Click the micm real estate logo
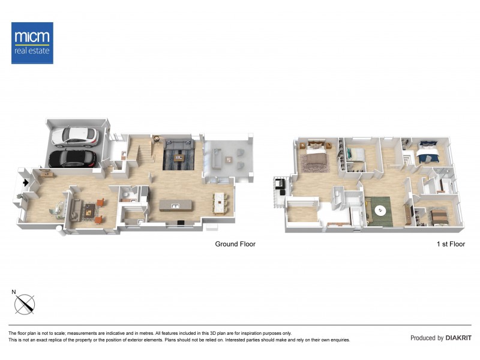[32, 43]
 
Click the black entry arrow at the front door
[25, 182]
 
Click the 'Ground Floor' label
[235, 244]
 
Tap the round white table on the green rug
[379, 210]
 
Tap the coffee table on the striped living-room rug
[178, 157]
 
